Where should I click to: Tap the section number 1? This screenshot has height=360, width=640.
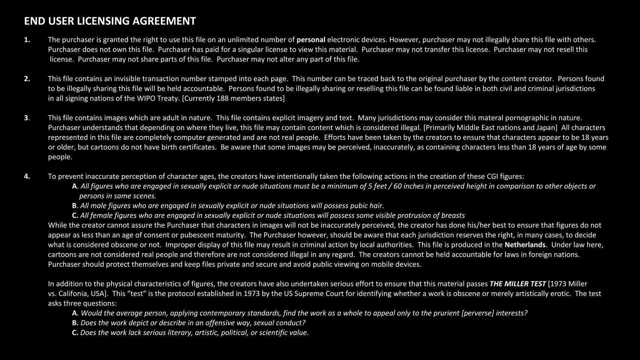(x=27, y=40)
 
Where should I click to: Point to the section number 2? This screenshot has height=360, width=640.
(x=27, y=79)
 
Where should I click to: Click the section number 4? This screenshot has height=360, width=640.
(x=27, y=177)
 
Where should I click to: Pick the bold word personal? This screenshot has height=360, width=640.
(x=311, y=40)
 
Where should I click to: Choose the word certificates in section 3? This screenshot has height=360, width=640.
(x=195, y=147)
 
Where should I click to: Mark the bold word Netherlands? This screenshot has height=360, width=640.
(x=525, y=245)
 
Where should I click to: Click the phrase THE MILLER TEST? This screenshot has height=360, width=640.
(x=517, y=284)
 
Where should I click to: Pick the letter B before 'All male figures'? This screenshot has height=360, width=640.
(x=75, y=206)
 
